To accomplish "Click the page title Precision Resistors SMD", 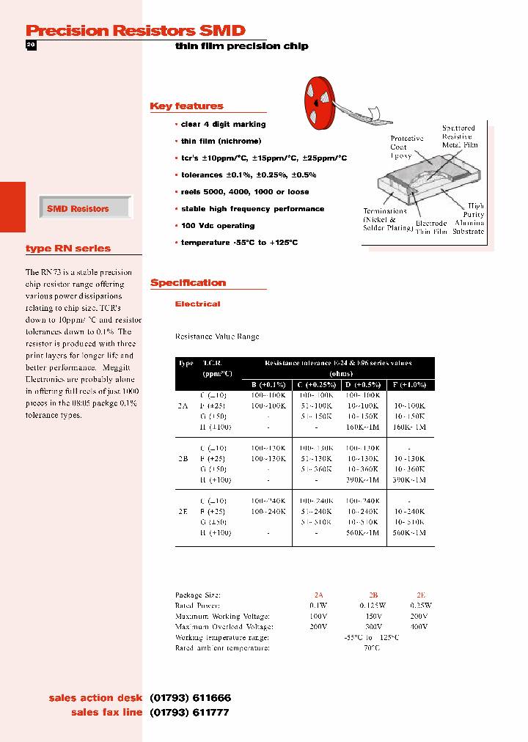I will [x=135, y=30].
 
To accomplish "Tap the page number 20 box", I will [x=31, y=45].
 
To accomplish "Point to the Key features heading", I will [x=186, y=106].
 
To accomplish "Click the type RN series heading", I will [x=68, y=249].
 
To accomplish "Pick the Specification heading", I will [x=188, y=283].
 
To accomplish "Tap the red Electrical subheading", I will [x=197, y=304].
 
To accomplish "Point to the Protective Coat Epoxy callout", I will [x=406, y=147].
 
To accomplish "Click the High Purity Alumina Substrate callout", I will [x=469, y=218].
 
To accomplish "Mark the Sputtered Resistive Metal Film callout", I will [x=459, y=136].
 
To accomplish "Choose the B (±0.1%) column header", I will [x=268, y=384].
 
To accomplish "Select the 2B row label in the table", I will [x=183, y=458].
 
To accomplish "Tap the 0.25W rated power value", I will [x=421, y=606].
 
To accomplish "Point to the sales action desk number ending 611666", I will [x=190, y=698].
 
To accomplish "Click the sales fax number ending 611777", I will [x=190, y=712].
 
